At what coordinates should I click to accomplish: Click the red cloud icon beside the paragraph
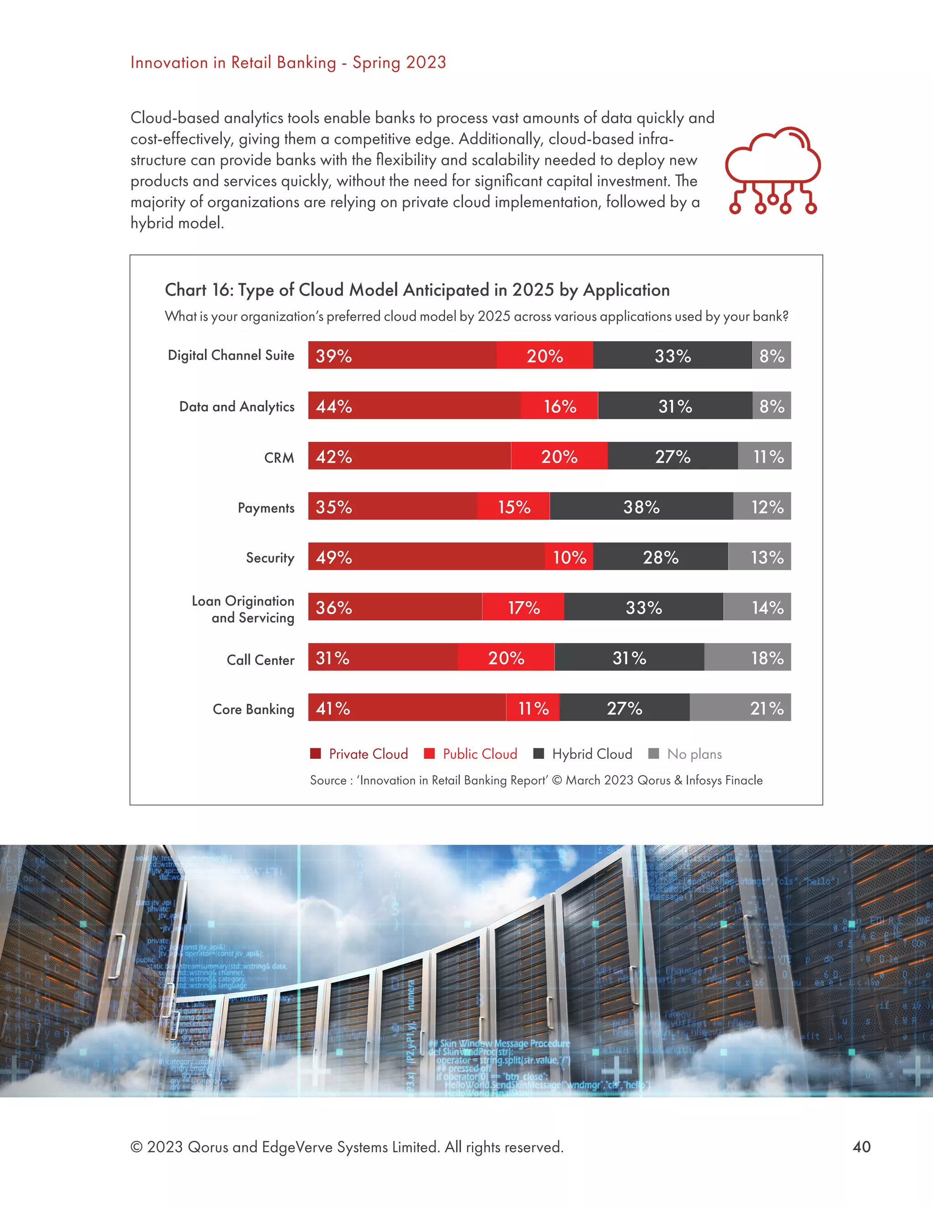point(773,170)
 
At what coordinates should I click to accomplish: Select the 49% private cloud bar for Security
point(426,557)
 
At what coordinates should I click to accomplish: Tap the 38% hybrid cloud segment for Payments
point(641,506)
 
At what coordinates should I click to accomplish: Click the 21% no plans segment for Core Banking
point(740,707)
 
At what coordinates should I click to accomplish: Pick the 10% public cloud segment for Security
point(569,557)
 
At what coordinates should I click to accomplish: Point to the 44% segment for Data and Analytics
point(414,406)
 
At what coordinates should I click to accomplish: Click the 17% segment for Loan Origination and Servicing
point(523,607)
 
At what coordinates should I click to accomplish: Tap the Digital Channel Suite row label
point(231,355)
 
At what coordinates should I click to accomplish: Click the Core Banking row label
point(253,709)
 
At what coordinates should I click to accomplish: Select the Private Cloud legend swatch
point(316,753)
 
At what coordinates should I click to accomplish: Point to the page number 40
point(861,1147)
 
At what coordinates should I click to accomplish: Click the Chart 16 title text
point(417,290)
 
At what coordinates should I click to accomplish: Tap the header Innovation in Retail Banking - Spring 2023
point(288,62)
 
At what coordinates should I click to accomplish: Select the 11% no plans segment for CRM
point(764,456)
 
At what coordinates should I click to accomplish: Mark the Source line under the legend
point(536,780)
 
